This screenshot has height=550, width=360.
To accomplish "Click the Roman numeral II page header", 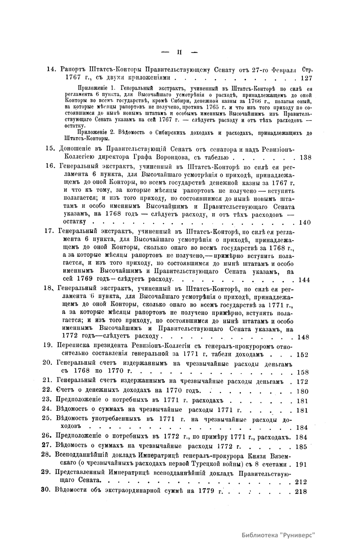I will pyautogui.click(x=180, y=52).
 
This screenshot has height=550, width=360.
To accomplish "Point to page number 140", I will pyautogui.click(x=305, y=222).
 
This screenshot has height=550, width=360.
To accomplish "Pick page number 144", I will pyautogui.click(x=305, y=280).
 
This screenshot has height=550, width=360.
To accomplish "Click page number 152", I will pyautogui.click(x=302, y=355).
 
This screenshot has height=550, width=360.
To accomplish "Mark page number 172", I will pyautogui.click(x=302, y=382).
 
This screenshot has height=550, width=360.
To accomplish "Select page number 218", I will pyautogui.click(x=301, y=491).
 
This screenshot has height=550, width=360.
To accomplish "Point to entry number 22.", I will pyautogui.click(x=47, y=390).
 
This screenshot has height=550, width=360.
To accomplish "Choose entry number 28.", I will pyautogui.click(x=46, y=455).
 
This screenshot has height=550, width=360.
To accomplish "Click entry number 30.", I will pyautogui.click(x=46, y=491).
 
